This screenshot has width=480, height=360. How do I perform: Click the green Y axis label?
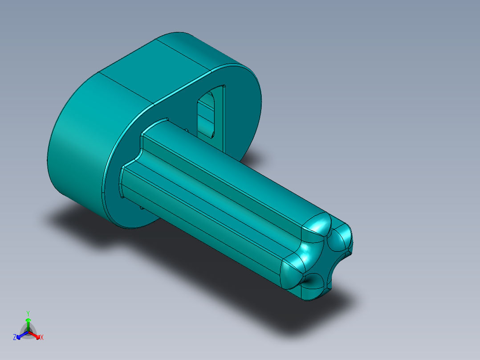tap(28, 313)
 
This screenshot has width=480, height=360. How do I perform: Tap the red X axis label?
tap(42, 338)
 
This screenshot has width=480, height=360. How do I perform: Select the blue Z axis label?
tap(15, 338)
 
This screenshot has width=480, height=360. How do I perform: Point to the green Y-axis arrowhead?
tap(28, 320)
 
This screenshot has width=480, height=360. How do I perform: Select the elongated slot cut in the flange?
tap(207, 113)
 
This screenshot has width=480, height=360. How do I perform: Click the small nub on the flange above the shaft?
tap(187, 130)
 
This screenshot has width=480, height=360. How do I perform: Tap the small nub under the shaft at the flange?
tap(141, 207)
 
